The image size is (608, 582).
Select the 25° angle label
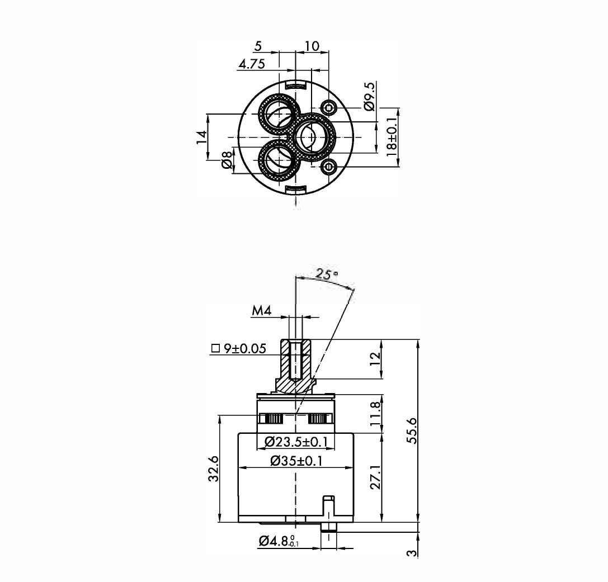click(326, 275)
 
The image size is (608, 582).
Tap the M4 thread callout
click(262, 311)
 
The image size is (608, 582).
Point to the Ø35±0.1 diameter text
click(296, 461)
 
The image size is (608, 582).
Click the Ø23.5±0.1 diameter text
click(296, 441)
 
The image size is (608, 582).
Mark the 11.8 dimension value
click(375, 414)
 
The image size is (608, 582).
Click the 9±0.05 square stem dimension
click(239, 349)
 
